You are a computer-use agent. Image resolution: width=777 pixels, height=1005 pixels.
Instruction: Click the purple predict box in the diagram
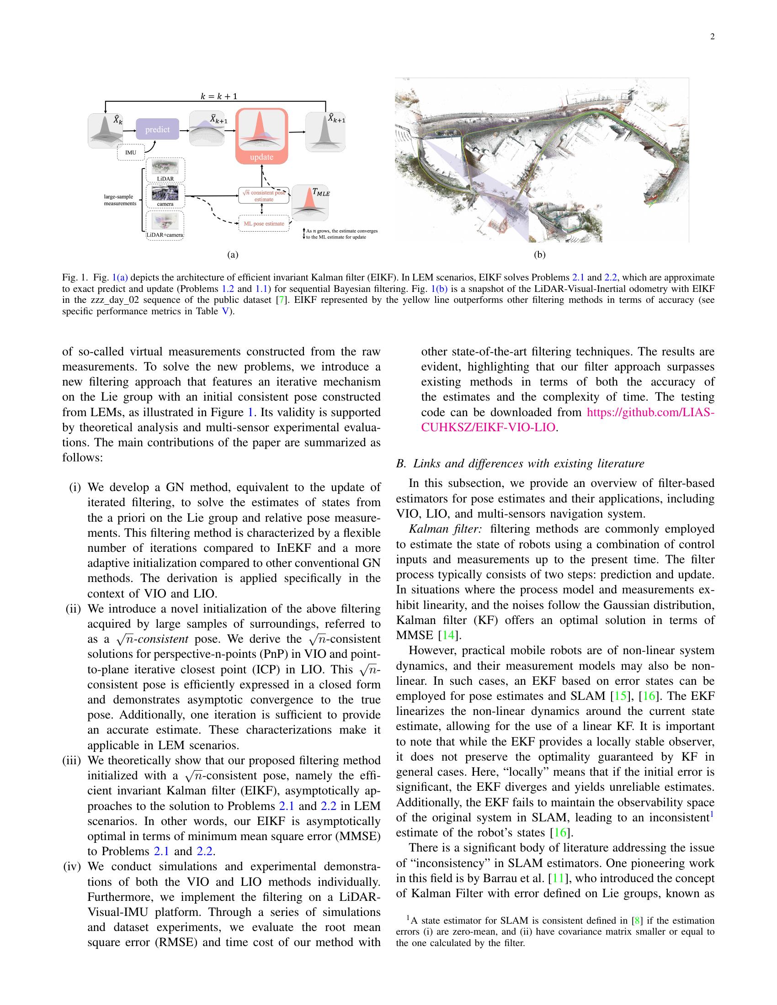(x=157, y=129)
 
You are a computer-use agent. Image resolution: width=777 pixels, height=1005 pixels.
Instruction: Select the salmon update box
(x=261, y=136)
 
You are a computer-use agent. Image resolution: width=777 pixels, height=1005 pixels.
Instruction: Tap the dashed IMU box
(x=131, y=152)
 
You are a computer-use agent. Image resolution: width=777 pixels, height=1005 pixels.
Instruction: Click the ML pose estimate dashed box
(x=264, y=224)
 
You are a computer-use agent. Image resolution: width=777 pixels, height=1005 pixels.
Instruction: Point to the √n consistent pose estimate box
(x=264, y=196)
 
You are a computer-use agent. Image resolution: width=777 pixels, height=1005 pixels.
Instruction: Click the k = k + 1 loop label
(x=218, y=96)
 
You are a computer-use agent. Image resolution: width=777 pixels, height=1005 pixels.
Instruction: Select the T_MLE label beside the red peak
(x=321, y=192)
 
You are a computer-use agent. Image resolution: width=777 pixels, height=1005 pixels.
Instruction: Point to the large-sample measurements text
(x=120, y=200)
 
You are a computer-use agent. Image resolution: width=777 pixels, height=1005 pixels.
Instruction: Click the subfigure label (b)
(x=539, y=254)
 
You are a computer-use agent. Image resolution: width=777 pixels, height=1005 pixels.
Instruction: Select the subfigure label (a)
(x=233, y=254)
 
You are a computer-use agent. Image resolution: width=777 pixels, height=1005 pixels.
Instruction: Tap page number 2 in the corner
(x=712, y=37)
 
